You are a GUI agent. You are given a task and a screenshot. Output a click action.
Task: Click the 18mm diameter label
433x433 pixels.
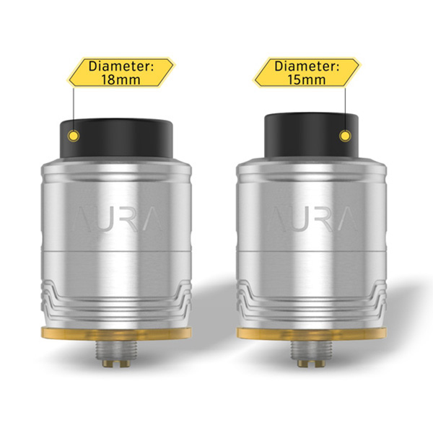121,73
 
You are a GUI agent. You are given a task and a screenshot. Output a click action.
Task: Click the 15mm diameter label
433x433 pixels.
307,73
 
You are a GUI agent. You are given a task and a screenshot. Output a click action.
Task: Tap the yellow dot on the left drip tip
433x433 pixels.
74,136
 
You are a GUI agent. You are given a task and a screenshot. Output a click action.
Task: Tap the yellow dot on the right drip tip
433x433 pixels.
345,136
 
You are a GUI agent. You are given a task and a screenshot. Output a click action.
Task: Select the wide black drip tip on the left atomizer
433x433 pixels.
116,141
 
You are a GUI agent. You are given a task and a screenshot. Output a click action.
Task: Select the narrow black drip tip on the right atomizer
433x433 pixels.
312,136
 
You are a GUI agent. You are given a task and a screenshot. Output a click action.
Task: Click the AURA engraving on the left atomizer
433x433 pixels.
117,219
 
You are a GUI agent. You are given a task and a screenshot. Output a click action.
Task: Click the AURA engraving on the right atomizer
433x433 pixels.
312,219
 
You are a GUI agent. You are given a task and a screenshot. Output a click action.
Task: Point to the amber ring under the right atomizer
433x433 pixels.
312,333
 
